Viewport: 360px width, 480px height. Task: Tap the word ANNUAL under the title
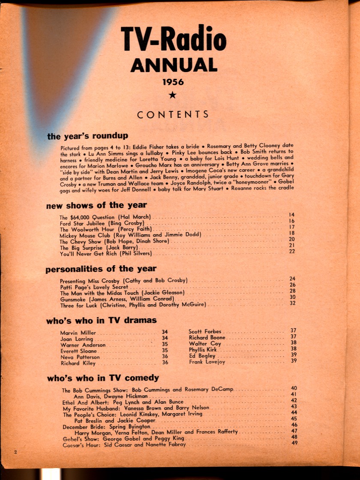click(173, 66)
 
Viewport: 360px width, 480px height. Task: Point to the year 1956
click(173, 82)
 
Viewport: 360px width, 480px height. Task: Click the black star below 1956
click(173, 95)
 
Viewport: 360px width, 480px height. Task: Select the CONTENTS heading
click(173, 114)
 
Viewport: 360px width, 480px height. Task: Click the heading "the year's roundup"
click(87, 136)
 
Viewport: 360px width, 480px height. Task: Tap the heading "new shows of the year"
click(96, 205)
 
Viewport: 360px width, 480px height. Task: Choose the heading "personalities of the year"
click(101, 269)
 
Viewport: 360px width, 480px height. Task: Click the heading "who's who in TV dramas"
click(102, 320)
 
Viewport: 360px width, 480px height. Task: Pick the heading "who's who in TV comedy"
click(103, 378)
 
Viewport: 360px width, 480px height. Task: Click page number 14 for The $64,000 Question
click(292, 215)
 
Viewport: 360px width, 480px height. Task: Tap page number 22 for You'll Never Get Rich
click(292, 252)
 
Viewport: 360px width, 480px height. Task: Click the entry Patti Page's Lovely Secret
click(94, 286)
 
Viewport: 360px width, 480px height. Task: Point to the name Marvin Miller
click(78, 333)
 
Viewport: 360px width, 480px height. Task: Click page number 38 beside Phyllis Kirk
click(293, 349)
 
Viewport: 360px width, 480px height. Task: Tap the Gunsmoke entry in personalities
click(117, 299)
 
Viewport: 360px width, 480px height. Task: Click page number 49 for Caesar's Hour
click(294, 443)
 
